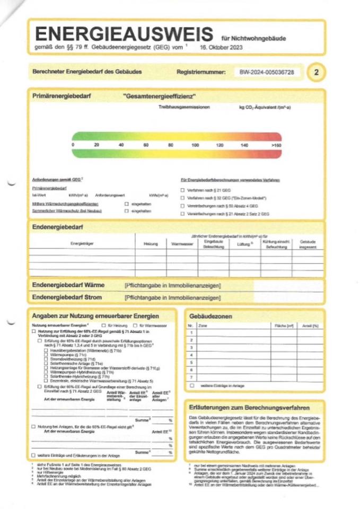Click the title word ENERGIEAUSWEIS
tap(124, 35)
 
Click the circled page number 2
tap(315, 72)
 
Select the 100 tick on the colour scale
tap(195, 145)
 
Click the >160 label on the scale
tap(276, 145)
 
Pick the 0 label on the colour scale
tap(73, 145)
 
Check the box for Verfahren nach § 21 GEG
tap(183, 190)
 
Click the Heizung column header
tap(151, 244)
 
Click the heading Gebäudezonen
tap(210, 317)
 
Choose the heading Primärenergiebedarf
tap(59, 97)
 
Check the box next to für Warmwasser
tap(135, 325)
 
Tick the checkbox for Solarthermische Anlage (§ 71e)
tap(46, 364)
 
